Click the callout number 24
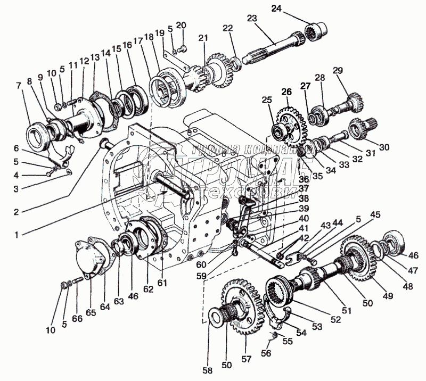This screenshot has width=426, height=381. (x=291, y=8)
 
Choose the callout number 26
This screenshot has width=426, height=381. (x=286, y=92)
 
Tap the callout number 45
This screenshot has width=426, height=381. (x=375, y=215)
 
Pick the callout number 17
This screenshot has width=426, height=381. (x=138, y=40)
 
